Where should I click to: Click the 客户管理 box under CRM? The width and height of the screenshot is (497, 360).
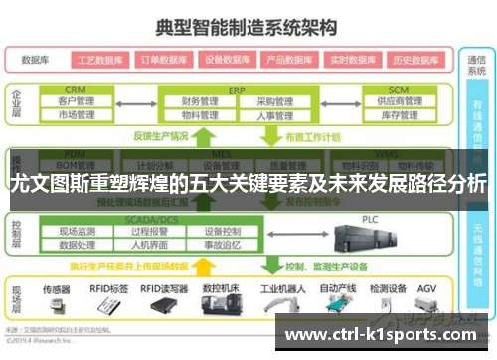[76, 101]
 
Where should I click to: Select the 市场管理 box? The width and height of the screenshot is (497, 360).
[76, 115]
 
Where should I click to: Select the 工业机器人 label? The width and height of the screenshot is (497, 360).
[279, 288]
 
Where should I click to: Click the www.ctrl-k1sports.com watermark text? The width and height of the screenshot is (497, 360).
[386, 334]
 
